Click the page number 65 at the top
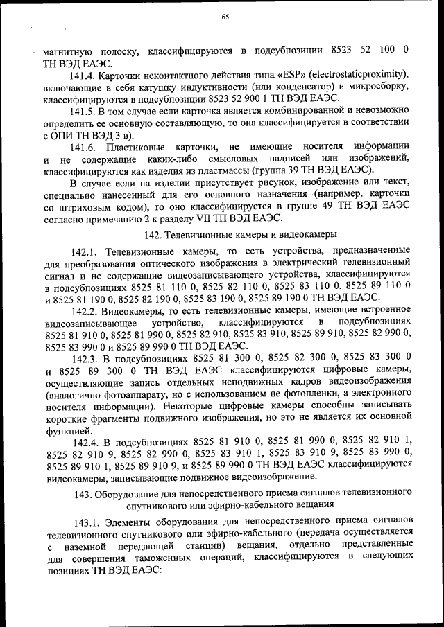click(225, 17)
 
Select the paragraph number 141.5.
click(85, 111)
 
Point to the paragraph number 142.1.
click(86, 254)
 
